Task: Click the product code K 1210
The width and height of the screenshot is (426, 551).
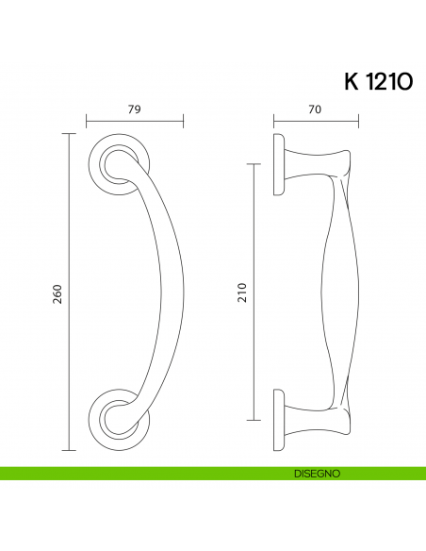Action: click(377, 81)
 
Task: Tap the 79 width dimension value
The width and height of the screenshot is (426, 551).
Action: click(134, 109)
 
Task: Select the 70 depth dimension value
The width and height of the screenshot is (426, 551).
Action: click(315, 109)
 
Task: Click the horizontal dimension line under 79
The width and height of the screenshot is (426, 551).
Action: click(135, 121)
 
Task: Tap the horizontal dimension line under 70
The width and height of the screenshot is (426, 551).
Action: click(316, 121)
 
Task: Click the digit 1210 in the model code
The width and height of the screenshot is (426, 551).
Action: click(389, 81)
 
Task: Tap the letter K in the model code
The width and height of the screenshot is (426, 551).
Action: click(352, 81)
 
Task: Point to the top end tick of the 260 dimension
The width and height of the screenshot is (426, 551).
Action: click(68, 135)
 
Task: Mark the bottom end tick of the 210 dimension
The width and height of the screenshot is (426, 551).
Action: click(253, 420)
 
